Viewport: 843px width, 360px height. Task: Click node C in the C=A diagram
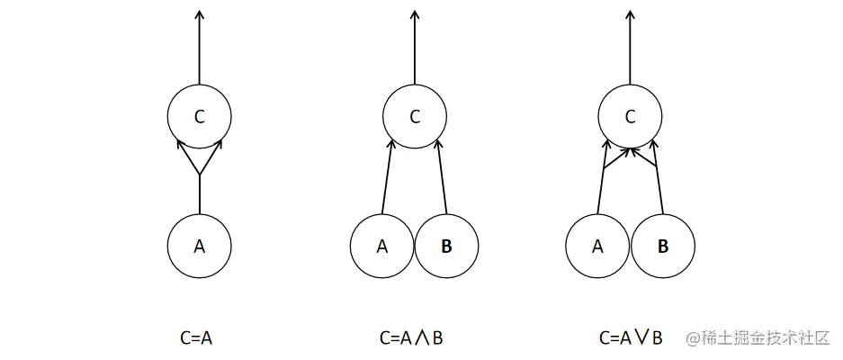199,116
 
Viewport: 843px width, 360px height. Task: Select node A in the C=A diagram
199,246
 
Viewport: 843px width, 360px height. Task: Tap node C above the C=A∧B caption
415,116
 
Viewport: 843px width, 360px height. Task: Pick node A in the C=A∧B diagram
382,246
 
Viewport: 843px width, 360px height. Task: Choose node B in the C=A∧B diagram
447,246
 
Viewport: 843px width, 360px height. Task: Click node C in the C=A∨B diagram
631,116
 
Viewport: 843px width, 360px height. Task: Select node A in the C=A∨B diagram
598,246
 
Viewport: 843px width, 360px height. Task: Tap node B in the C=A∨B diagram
663,246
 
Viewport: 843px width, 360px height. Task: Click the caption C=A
196,338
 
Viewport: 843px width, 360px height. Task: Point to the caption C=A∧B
411,338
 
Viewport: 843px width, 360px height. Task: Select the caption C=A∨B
631,338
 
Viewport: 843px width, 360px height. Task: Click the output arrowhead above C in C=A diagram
199,13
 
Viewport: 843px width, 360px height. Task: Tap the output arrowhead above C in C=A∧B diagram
415,13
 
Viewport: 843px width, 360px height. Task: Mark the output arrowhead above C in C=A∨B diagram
631,13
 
